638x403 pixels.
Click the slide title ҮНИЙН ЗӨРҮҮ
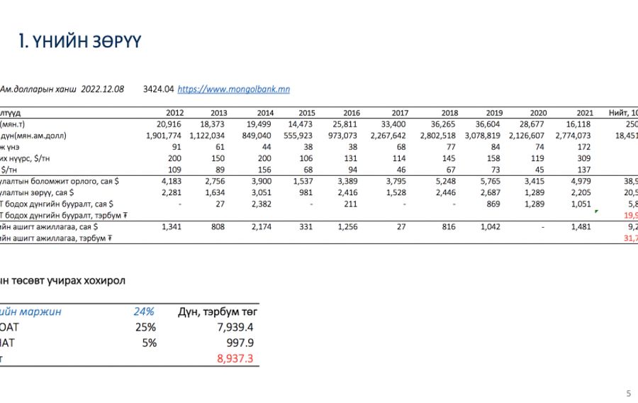click(x=79, y=43)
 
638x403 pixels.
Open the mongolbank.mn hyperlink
click(x=233, y=89)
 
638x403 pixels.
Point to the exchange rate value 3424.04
click(x=158, y=89)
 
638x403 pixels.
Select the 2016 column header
click(x=351, y=113)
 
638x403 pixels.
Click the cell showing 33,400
click(x=393, y=124)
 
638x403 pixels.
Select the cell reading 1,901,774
click(x=164, y=136)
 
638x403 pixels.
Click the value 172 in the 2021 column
click(x=584, y=147)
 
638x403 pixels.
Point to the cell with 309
click(x=584, y=158)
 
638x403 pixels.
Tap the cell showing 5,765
click(x=491, y=181)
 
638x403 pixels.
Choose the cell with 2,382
click(x=262, y=204)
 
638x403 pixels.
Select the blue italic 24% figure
click(x=144, y=311)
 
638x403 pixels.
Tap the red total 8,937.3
click(x=235, y=359)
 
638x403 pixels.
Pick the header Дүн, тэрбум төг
click(x=217, y=311)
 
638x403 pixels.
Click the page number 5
click(x=628, y=393)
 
